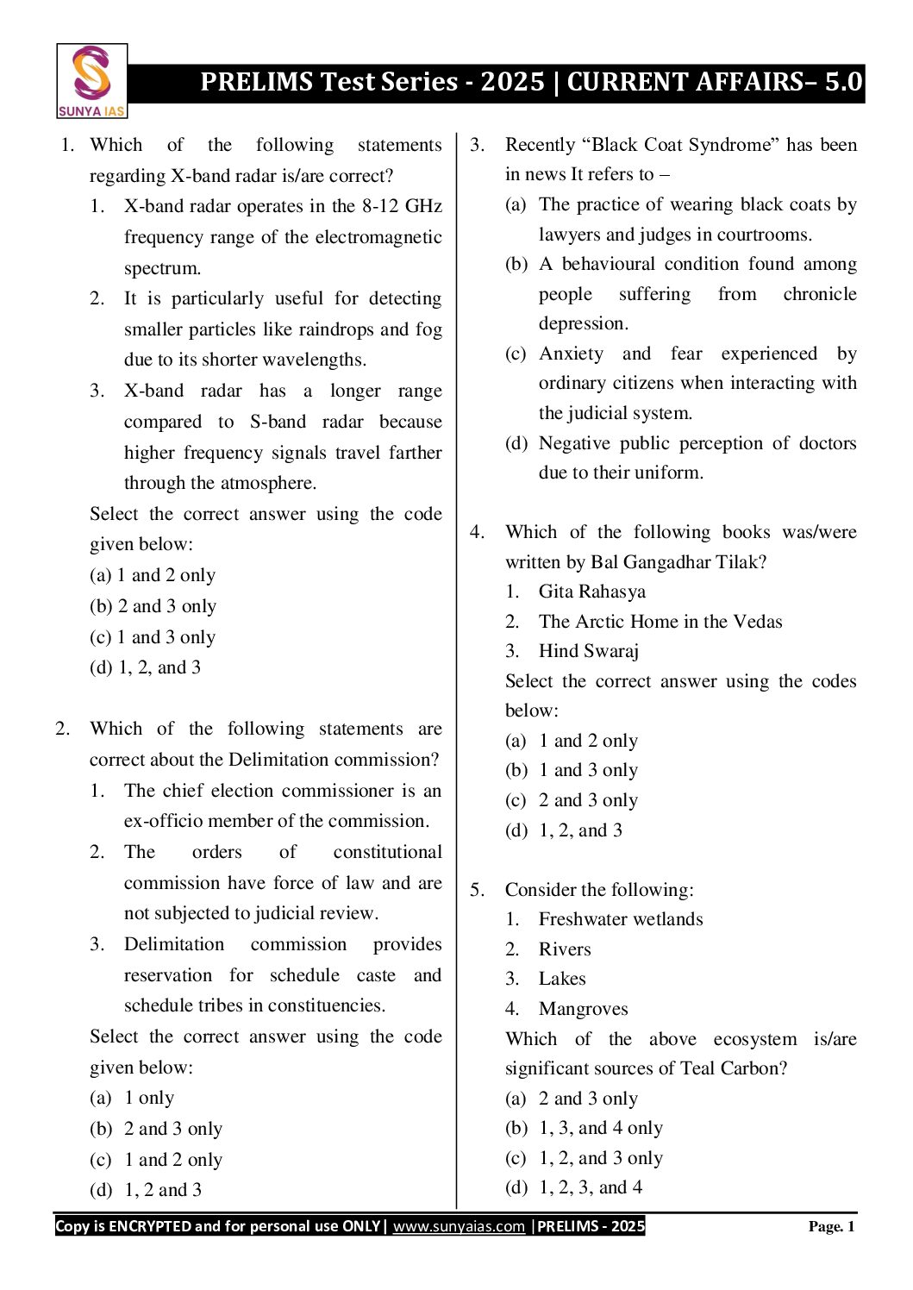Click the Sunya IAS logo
[91, 81]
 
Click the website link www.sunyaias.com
[459, 1226]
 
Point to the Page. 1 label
[831, 1226]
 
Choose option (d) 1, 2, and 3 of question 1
[145, 667]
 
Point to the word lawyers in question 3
[572, 235]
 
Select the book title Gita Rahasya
[591, 592]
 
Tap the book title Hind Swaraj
[588, 651]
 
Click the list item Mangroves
[583, 1009]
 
